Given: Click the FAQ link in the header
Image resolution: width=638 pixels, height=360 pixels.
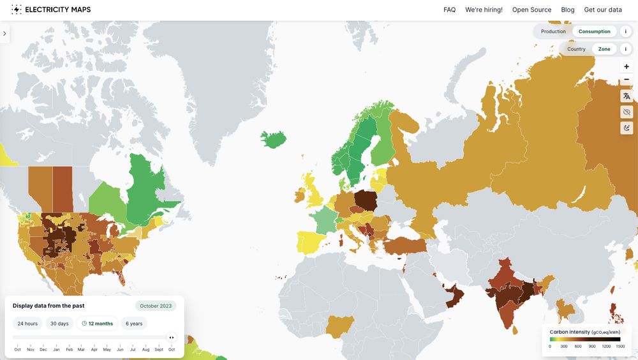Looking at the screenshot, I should [449, 10].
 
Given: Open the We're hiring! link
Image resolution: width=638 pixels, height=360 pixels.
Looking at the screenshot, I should [484, 10].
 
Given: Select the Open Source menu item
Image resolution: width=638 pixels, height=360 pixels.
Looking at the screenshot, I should [531, 10].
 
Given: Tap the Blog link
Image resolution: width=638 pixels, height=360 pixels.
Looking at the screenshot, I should [568, 10].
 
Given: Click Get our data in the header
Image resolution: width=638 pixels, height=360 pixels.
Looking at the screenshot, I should [603, 10].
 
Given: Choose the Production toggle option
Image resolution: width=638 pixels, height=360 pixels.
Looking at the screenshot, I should [553, 31].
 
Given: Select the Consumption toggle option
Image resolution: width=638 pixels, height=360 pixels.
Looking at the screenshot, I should [595, 31].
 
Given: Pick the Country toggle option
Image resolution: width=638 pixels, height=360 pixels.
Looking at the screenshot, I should [576, 49].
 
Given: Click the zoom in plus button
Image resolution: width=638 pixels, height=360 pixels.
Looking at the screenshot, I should [627, 66].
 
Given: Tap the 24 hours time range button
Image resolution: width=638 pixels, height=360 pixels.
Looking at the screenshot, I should [27, 324].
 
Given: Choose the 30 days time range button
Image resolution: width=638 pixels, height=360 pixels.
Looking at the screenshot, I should [59, 324].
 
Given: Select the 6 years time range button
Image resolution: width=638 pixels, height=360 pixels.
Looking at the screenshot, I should [134, 324].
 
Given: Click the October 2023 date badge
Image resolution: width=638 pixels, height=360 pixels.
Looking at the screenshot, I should [156, 306].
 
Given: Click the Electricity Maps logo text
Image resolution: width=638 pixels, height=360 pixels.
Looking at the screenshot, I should [57, 10].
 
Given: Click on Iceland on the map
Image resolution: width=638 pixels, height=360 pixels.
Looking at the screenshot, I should [273, 139].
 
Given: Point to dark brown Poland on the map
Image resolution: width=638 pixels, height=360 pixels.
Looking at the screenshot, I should [366, 200].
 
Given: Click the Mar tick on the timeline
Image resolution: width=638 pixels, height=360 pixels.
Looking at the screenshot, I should [81, 350].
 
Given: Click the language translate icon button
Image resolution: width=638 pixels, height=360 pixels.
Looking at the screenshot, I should [627, 96].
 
